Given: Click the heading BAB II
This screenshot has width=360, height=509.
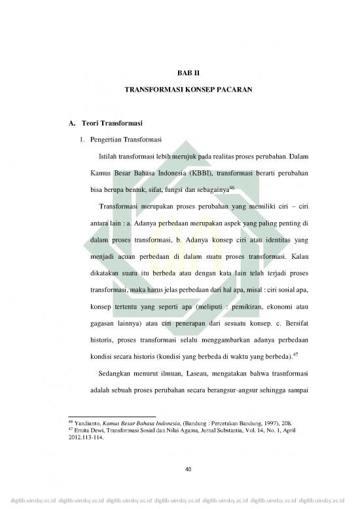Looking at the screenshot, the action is click(x=179, y=79).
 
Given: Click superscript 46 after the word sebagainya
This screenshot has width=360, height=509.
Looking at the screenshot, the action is click(x=232, y=188).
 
